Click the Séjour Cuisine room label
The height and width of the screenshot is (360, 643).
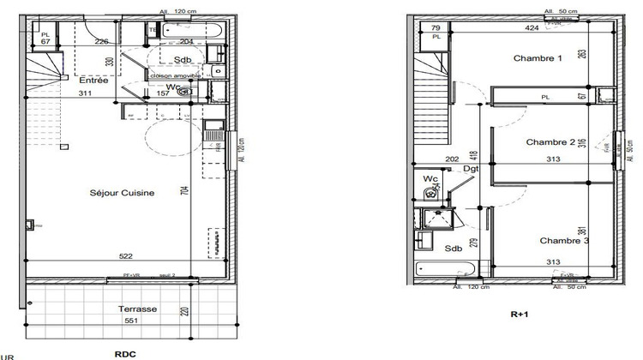tap(122, 194)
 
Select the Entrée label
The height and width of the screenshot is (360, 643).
tap(94, 81)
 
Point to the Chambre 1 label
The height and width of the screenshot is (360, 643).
tap(538, 59)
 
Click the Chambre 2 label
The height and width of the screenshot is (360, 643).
tap(550, 142)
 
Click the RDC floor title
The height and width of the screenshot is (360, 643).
tap(126, 352)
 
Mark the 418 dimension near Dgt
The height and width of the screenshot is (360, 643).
tap(472, 159)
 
